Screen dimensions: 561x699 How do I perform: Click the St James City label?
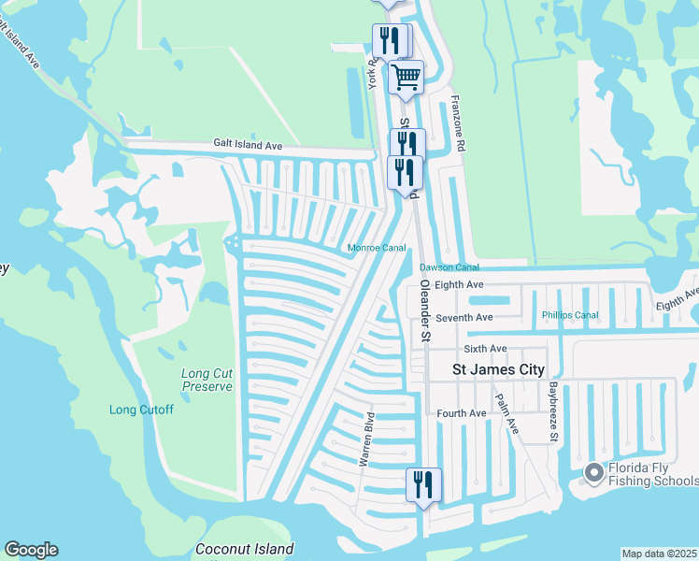(x=498, y=369)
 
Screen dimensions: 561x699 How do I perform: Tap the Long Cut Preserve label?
(x=207, y=381)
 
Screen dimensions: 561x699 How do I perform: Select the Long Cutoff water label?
(x=141, y=410)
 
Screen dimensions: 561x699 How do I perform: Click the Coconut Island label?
(x=245, y=550)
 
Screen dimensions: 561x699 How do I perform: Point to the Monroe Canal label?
(x=377, y=248)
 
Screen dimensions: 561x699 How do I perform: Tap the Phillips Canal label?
(x=569, y=315)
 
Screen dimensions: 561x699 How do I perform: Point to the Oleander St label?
(x=424, y=309)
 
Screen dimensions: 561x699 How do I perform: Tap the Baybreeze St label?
(x=553, y=410)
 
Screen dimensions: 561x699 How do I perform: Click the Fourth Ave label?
(x=462, y=413)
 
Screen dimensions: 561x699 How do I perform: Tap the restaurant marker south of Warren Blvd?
(x=423, y=484)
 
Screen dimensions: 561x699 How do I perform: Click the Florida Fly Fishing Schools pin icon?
(x=592, y=473)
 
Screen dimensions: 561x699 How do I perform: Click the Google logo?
(x=31, y=550)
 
